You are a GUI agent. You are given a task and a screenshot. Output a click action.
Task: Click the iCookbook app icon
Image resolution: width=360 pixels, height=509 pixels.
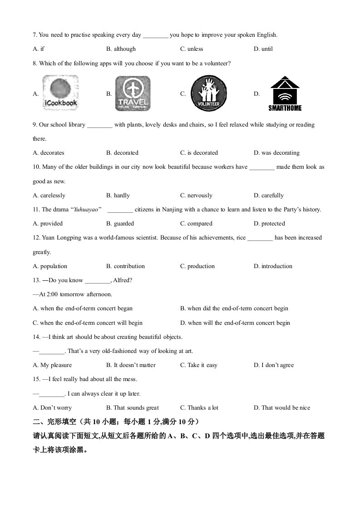[x=60, y=93]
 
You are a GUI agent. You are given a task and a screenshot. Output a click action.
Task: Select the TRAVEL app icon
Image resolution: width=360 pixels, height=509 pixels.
[x=133, y=93]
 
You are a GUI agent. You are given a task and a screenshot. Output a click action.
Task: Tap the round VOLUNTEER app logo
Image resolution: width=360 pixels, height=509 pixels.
[x=208, y=93]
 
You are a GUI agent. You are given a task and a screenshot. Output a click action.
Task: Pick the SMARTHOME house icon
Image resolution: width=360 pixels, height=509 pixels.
[x=285, y=93]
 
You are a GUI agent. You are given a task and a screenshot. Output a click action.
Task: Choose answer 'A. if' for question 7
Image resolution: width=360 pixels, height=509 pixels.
[x=39, y=49]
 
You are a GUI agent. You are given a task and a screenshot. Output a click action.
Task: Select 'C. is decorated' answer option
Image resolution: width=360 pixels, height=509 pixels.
[x=199, y=153]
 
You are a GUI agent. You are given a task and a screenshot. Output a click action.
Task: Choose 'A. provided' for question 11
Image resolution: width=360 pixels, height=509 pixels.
[x=48, y=224]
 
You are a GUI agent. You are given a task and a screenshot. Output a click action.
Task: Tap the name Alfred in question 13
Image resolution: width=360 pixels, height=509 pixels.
[x=123, y=280]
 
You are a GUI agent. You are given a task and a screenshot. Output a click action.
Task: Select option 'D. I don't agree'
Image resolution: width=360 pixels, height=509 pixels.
[x=274, y=365]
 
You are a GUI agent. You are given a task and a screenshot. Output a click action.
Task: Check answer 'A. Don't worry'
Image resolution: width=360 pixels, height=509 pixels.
[x=52, y=408]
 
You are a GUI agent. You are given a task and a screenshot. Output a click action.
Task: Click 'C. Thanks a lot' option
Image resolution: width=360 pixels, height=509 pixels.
[x=199, y=408]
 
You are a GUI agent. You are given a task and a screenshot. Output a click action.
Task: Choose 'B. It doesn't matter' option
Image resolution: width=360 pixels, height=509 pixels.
[x=131, y=365]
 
